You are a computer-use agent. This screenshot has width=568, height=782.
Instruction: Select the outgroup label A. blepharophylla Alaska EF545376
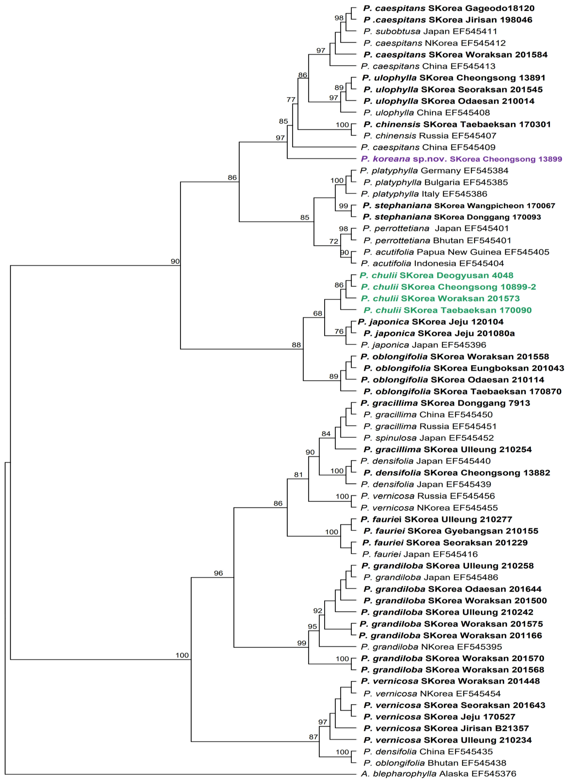pyautogui.click(x=438, y=773)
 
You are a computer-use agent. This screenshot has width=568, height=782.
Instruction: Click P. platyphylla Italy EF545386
pyautogui.click(x=424, y=194)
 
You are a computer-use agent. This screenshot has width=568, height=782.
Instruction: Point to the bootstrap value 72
pyautogui.click(x=334, y=241)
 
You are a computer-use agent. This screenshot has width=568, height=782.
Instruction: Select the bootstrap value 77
pyautogui.click(x=291, y=100)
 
